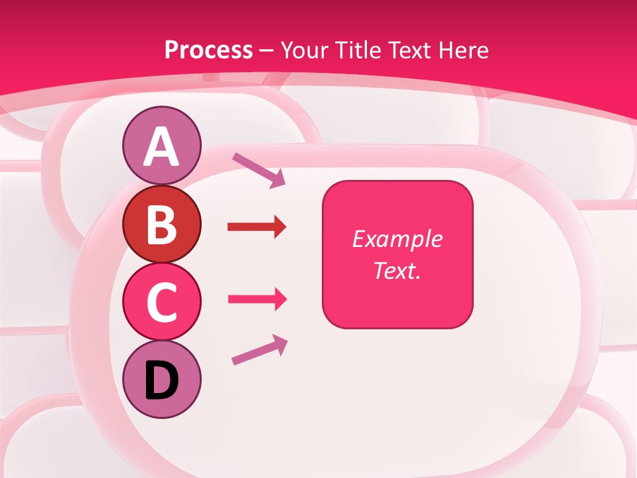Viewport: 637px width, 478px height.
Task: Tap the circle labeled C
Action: [x=161, y=301]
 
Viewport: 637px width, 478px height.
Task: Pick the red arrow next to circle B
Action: [x=257, y=228]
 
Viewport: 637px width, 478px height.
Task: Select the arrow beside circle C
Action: [x=257, y=299]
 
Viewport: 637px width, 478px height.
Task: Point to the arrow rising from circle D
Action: [x=259, y=350]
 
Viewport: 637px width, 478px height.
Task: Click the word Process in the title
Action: [x=208, y=50]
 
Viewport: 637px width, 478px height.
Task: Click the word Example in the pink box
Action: [x=397, y=239]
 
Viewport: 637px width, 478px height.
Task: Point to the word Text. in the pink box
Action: [x=397, y=271]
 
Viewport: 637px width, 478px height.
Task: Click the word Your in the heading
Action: [x=304, y=50]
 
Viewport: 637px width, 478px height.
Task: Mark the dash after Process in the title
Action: [x=267, y=50]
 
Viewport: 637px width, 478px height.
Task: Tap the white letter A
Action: [x=161, y=147]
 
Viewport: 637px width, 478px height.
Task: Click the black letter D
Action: [x=161, y=380]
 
